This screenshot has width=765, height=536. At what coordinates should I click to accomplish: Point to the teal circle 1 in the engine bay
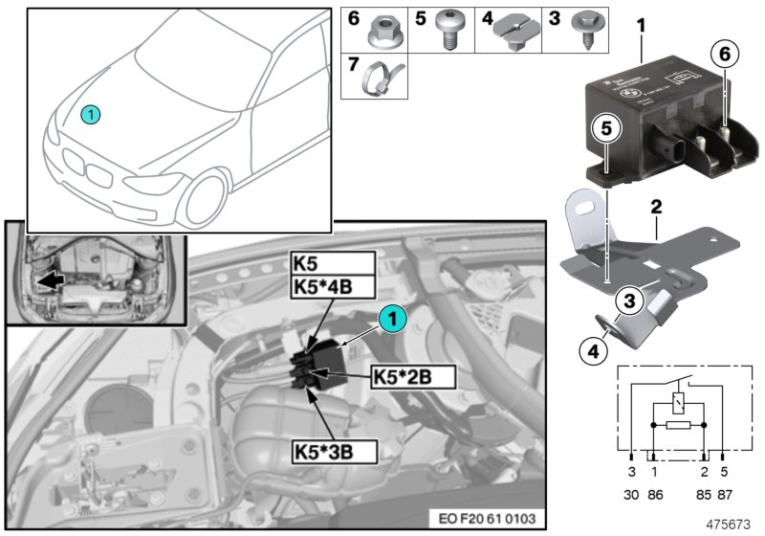point(393,316)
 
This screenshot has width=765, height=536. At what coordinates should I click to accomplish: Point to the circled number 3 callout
point(627,302)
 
